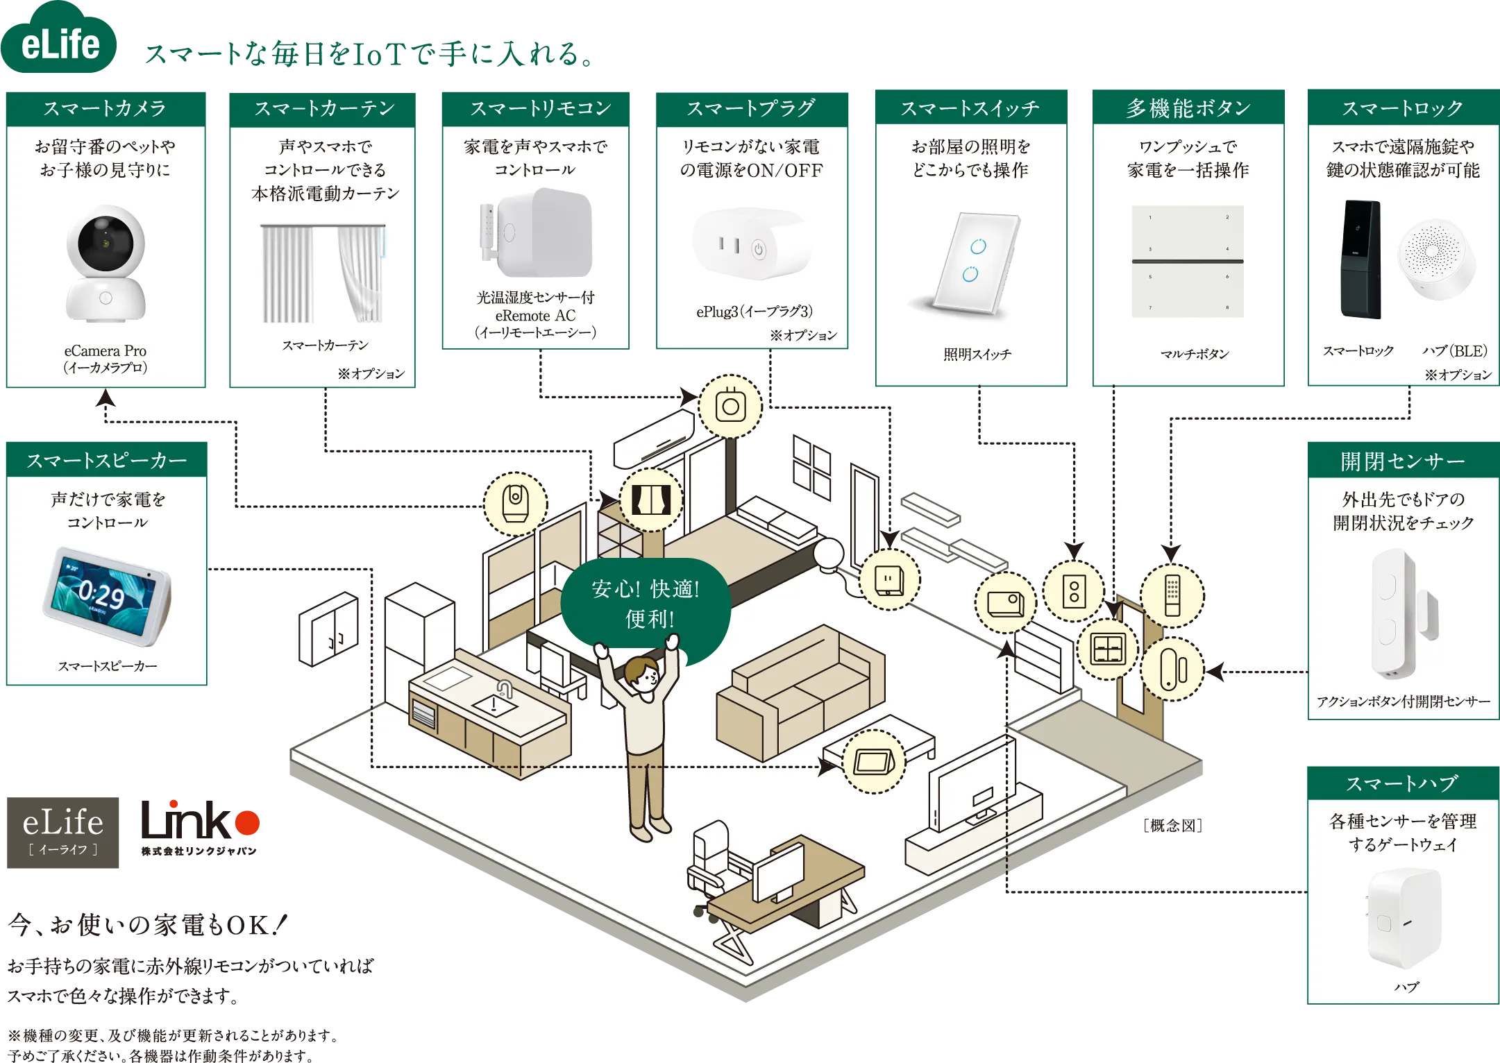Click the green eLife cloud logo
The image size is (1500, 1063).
pos(60,42)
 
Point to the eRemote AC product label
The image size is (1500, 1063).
pos(535,315)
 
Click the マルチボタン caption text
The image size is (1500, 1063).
pos(1195,354)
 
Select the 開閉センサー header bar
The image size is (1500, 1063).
pos(1402,461)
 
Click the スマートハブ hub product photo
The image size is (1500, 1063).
pos(1403,919)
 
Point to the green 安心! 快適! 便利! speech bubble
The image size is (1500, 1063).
pos(646,603)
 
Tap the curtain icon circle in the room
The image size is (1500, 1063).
pos(650,500)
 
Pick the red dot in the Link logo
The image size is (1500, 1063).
pos(247,823)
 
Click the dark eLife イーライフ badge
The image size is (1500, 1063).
pos(63,832)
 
